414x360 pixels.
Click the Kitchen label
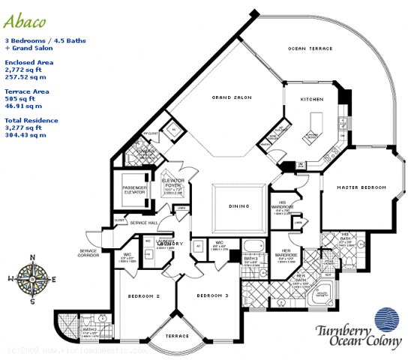tap(311, 99)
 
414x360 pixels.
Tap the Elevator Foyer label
tap(172, 184)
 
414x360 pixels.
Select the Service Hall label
tap(142, 223)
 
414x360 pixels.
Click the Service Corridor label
tap(94, 253)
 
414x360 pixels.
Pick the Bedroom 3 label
tap(213, 297)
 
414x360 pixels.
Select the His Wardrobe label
tap(281, 203)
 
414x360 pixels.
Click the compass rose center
tap(34, 278)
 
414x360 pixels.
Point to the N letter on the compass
tap(34, 257)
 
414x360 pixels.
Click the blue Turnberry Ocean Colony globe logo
tap(386, 318)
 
